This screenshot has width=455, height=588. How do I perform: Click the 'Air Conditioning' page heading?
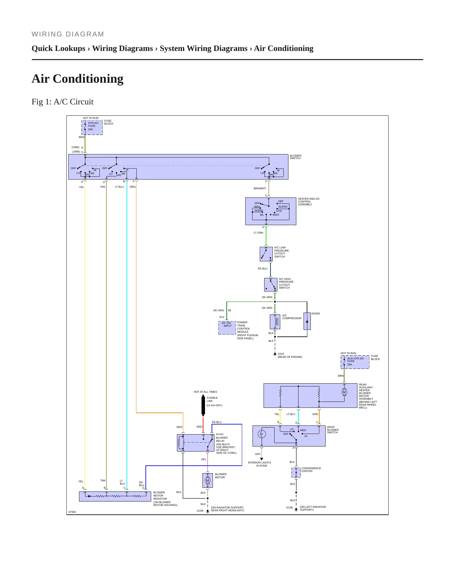[x=77, y=79]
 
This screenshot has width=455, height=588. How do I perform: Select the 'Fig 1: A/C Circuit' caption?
[x=62, y=102]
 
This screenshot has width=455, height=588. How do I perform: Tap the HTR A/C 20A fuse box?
[x=92, y=127]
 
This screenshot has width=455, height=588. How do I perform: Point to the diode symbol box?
[x=307, y=321]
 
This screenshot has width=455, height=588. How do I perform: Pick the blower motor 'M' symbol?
[x=208, y=480]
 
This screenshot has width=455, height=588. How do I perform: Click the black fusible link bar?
[x=203, y=406]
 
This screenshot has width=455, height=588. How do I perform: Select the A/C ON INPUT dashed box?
[x=227, y=328]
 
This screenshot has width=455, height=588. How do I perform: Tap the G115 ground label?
[x=281, y=354]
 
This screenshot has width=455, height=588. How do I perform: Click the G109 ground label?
[x=200, y=511]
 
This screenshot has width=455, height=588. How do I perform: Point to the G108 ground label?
[x=289, y=508]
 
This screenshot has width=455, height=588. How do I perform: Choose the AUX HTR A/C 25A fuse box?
[x=355, y=362]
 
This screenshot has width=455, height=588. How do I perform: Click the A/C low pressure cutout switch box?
[x=266, y=254]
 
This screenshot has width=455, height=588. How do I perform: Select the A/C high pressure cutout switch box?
[x=271, y=285]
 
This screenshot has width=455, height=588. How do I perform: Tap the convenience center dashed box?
[x=296, y=473]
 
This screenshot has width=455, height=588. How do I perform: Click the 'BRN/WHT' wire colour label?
[x=260, y=189]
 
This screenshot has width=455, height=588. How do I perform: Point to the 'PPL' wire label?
[x=204, y=459]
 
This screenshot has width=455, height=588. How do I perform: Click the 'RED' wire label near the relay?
[x=199, y=427]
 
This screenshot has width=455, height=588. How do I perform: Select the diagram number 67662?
[x=72, y=512]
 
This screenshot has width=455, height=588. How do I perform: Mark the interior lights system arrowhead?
[x=262, y=459]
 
